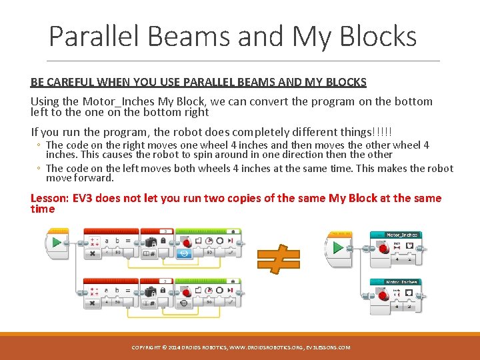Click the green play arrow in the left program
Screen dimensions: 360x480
57,241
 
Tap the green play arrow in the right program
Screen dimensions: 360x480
339,247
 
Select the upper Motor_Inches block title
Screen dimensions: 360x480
402,235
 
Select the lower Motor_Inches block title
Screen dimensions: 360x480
402,282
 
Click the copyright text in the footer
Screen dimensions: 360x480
241,347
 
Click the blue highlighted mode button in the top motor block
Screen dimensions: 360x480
185,253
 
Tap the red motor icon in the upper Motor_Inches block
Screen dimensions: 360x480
384,248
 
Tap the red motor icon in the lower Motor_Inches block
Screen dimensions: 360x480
384,295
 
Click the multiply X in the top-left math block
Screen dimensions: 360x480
91,253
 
